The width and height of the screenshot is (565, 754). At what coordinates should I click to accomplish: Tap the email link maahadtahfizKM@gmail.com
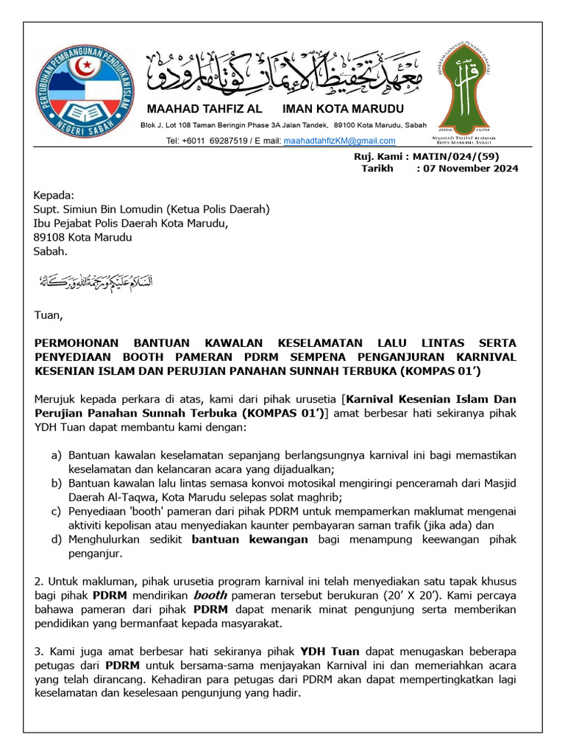click(339, 141)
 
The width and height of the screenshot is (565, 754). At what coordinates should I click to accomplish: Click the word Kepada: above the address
click(54, 196)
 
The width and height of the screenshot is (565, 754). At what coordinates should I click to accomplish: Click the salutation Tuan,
click(49, 316)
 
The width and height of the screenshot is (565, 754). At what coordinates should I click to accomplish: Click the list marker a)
click(56, 456)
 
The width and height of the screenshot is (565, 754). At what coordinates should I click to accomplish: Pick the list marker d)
click(56, 540)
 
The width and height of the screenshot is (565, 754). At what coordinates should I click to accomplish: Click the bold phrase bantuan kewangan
click(250, 540)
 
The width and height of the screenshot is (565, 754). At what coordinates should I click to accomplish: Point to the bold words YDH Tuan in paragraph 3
click(330, 652)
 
